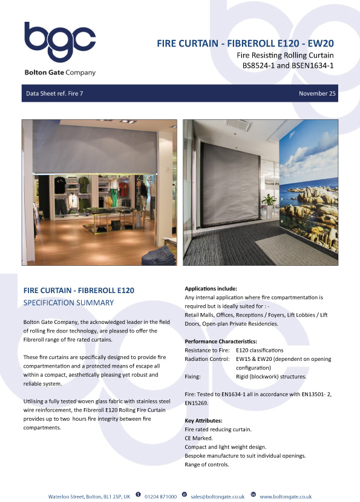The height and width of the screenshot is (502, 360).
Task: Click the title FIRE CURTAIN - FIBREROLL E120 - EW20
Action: coord(246,44)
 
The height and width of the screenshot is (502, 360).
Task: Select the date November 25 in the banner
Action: coord(316,94)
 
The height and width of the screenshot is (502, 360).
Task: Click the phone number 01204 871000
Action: coord(160,496)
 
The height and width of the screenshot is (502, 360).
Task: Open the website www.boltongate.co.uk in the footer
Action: coord(286,496)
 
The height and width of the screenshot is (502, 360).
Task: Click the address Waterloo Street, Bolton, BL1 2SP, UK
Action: coord(89,496)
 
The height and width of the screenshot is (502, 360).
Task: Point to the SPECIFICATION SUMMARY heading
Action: coord(68,302)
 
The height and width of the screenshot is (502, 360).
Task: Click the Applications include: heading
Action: coord(211,289)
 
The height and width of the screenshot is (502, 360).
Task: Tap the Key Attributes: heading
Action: coord(203,420)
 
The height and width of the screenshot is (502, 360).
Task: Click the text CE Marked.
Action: coord(200,438)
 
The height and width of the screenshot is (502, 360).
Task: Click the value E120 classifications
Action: coord(260,350)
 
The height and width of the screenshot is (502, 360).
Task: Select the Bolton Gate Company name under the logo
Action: coord(60,73)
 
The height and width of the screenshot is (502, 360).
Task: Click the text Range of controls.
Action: coord(207,464)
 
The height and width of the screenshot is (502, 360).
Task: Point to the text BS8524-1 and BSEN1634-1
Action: coord(289,65)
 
